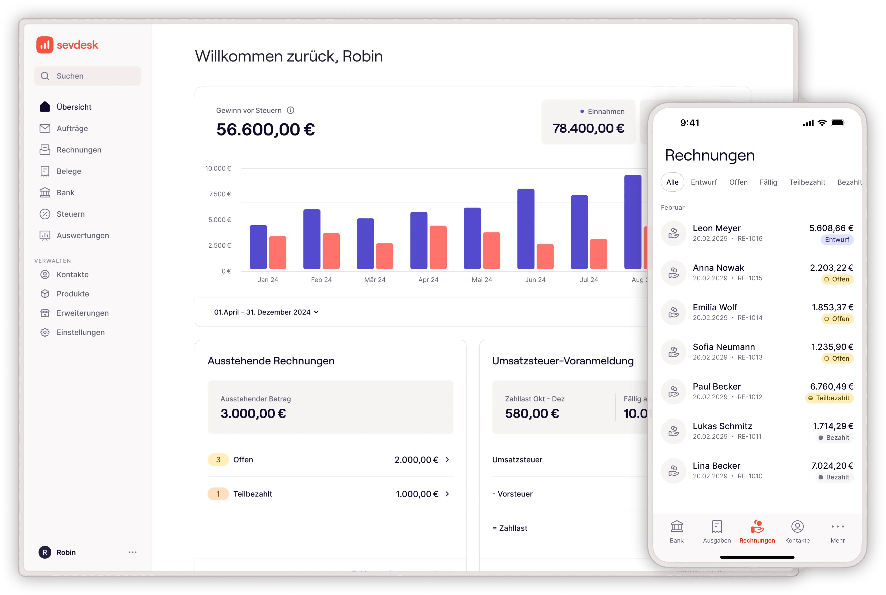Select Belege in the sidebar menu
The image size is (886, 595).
69,171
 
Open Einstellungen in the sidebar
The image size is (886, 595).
81,332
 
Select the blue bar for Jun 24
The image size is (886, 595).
526,229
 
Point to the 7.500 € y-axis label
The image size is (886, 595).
220,194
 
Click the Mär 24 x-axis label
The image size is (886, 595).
375,280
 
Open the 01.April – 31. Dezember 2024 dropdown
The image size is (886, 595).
266,312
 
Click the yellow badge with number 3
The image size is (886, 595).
218,460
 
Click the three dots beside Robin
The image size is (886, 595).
132,552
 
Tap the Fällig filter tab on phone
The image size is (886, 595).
768,182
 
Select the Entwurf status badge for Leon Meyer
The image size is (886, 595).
837,240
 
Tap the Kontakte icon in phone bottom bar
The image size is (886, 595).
797,527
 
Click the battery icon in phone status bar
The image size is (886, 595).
837,123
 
